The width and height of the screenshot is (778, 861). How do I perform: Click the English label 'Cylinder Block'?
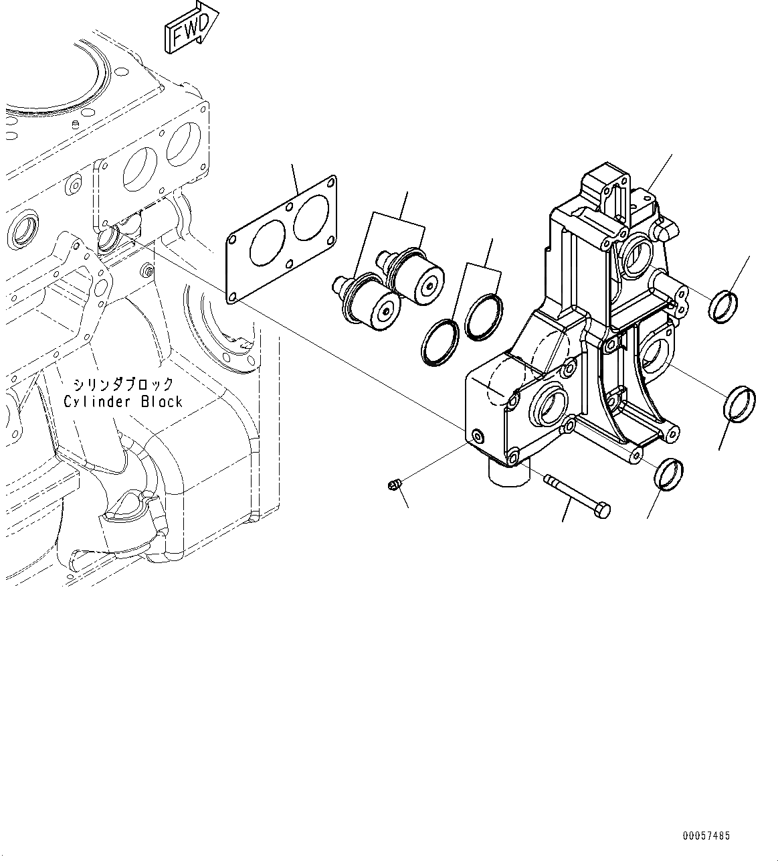coord(123,401)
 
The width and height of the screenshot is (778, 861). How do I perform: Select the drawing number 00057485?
coord(706,836)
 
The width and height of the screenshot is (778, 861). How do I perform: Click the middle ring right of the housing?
coord(740,404)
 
